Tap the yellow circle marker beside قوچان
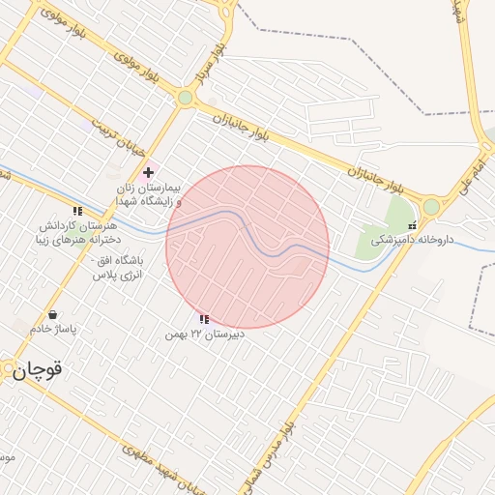point(9,368)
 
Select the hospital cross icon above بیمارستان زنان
point(147,172)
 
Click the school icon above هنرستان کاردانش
point(77,210)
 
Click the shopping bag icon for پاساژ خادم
point(52,314)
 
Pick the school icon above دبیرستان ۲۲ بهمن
point(203,318)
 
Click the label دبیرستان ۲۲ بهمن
point(203,334)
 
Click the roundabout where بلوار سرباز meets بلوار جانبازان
point(185,98)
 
